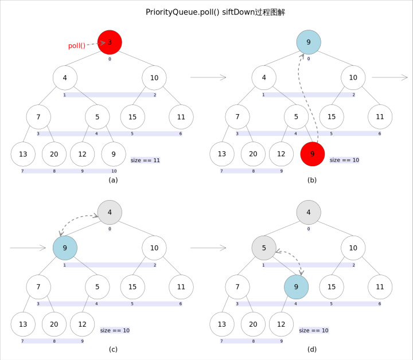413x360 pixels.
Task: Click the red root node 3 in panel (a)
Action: tap(110, 42)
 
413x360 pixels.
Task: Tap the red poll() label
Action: tap(77, 46)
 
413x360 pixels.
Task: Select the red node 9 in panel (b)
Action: tap(313, 154)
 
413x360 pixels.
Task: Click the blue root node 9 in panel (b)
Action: tap(309, 42)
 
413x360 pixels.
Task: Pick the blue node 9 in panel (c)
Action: tap(65, 248)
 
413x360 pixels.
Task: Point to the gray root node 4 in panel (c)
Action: tap(110, 212)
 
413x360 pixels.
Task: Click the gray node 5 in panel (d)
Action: tap(264, 248)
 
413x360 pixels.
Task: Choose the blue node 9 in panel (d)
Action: tap(297, 287)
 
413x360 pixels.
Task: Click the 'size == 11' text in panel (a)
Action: tap(145, 161)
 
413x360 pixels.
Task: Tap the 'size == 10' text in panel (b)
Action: tap(344, 160)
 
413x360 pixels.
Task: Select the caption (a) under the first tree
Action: tap(113, 180)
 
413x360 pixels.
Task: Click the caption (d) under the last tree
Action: tap(311, 349)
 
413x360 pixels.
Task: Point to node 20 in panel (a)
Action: tap(54, 154)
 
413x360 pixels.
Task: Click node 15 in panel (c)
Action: tap(133, 287)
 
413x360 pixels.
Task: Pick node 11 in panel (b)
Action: tap(380, 117)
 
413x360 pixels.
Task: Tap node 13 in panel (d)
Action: tap(222, 324)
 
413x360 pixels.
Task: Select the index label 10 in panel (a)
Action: tap(114, 171)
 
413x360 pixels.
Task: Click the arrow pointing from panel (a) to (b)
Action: tap(208, 77)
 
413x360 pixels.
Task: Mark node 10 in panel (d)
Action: tap(353, 248)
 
